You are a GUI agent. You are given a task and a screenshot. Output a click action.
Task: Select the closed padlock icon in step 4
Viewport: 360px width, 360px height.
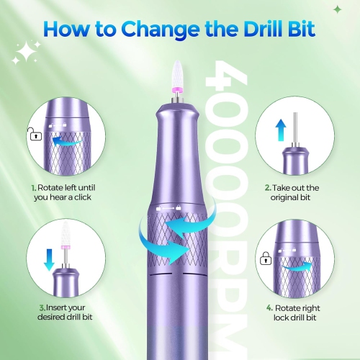(x=266, y=256)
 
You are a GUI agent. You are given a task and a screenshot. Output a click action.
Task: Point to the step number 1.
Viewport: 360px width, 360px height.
(x=32, y=187)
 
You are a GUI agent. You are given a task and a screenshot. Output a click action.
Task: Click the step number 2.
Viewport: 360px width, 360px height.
(x=267, y=187)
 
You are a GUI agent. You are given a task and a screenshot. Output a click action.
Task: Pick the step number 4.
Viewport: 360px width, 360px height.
(x=269, y=307)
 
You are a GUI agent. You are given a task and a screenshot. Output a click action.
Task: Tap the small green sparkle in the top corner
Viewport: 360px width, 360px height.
(x=337, y=9)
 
